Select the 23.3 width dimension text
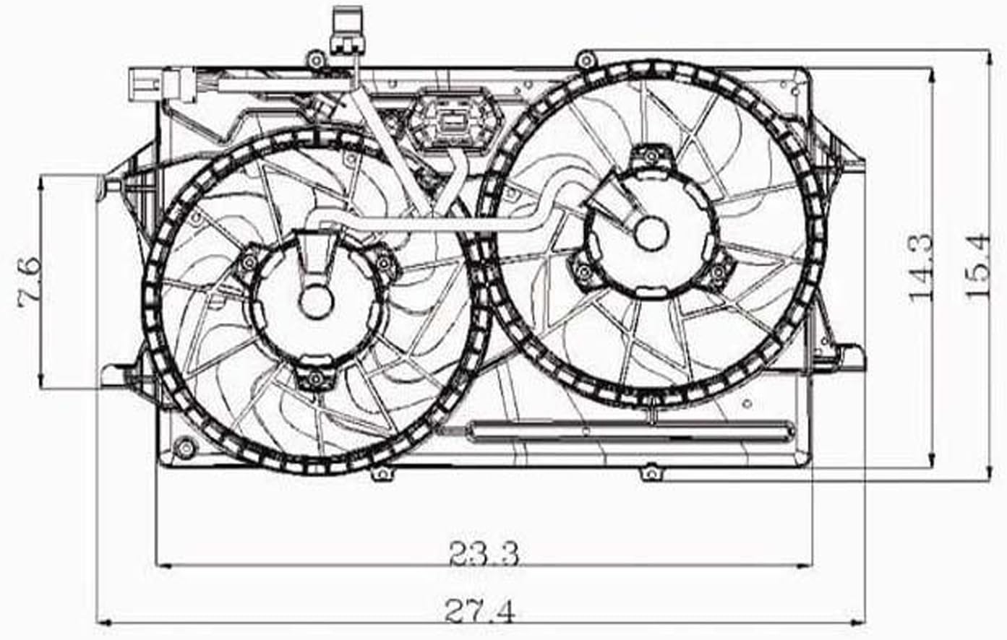(484, 553)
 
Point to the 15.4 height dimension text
(977, 266)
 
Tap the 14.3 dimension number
(921, 267)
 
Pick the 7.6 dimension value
(30, 282)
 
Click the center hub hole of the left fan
(316, 302)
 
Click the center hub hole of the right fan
(651, 233)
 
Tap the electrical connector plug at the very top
(346, 30)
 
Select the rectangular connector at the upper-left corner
(162, 85)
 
